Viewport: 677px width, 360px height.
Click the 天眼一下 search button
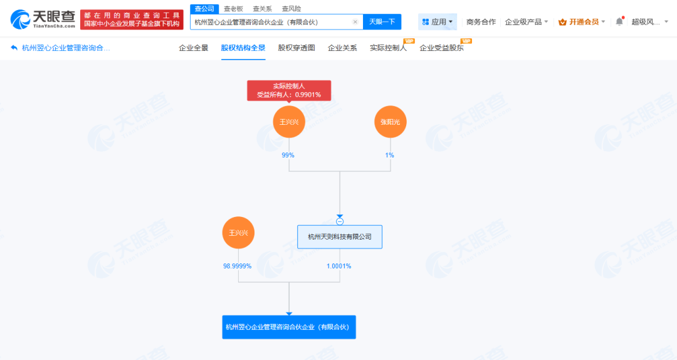pyautogui.click(x=382, y=22)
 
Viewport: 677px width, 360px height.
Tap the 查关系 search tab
pyautogui.click(x=262, y=9)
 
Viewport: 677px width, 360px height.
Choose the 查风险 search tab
pyautogui.click(x=291, y=9)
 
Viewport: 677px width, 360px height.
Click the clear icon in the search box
pyautogui.click(x=355, y=22)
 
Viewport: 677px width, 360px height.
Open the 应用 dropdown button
pyautogui.click(x=438, y=22)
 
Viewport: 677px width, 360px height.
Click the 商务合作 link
pyautogui.click(x=481, y=22)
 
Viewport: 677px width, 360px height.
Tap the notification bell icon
pyautogui.click(x=619, y=21)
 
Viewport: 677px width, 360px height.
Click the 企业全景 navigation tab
pyautogui.click(x=193, y=48)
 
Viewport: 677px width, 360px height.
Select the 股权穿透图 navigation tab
pyautogui.click(x=297, y=48)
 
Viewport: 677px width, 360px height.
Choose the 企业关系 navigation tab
pyautogui.click(x=342, y=48)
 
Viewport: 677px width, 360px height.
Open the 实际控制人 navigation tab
pyautogui.click(x=388, y=48)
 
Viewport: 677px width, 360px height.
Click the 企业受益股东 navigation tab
pyautogui.click(x=441, y=48)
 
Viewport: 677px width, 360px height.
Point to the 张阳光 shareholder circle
pyautogui.click(x=391, y=122)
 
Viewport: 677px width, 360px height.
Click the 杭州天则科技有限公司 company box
pyautogui.click(x=340, y=237)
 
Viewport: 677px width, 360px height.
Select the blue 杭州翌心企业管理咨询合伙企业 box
pyautogui.click(x=289, y=327)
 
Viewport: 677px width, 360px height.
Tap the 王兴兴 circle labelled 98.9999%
pyautogui.click(x=238, y=233)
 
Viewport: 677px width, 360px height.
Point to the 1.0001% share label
pyautogui.click(x=339, y=266)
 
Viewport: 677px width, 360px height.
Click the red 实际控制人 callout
pyautogui.click(x=289, y=90)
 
